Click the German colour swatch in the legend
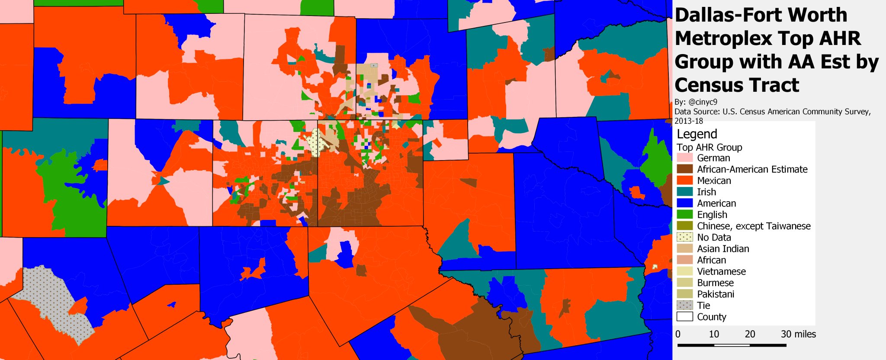[684, 158]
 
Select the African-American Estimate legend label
[752, 169]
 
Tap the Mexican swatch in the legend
[684, 180]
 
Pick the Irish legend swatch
[684, 192]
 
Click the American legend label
[716, 203]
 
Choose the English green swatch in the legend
[684, 215]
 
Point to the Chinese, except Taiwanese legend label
[754, 226]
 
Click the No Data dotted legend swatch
[684, 237]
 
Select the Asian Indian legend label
[723, 249]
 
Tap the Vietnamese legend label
[721, 271]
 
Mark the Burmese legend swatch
[684, 283]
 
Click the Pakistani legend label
[716, 294]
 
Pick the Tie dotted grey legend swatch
[684, 305]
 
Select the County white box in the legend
[684, 317]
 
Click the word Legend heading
[697, 134]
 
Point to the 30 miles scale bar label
[798, 334]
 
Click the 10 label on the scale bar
[714, 334]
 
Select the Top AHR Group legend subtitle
[709, 147]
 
